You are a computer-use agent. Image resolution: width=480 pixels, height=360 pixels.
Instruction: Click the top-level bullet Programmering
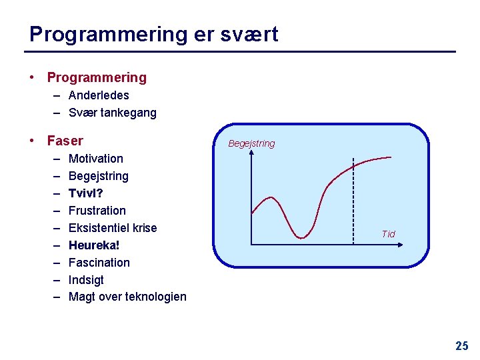pyautogui.click(x=97, y=77)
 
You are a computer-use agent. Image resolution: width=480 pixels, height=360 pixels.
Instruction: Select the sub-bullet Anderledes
pyautogui.click(x=99, y=95)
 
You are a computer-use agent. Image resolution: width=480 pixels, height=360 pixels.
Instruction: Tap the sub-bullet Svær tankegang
pyautogui.click(x=112, y=113)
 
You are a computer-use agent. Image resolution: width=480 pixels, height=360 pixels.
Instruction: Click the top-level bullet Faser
pyautogui.click(x=65, y=141)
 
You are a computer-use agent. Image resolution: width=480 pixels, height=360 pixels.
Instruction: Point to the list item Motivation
pyautogui.click(x=96, y=159)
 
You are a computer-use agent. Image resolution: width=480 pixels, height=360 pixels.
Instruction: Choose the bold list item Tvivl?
pyautogui.click(x=86, y=193)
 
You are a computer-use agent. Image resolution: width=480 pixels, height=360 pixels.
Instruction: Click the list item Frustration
pyautogui.click(x=97, y=211)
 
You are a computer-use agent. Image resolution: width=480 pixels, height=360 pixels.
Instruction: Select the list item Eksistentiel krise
pyautogui.click(x=113, y=228)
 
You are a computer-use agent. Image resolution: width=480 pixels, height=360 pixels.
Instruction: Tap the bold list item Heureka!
pyautogui.click(x=94, y=245)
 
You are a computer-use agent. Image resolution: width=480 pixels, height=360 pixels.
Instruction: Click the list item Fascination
pyautogui.click(x=99, y=263)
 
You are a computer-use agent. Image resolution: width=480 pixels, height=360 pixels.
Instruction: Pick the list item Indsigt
pyautogui.click(x=86, y=280)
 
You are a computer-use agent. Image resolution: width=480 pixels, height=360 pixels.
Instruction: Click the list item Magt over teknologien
pyautogui.click(x=127, y=297)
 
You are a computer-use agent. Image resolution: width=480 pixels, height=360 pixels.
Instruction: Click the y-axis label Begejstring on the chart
pyautogui.click(x=251, y=143)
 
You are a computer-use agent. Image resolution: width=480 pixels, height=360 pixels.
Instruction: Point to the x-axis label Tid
pyautogui.click(x=388, y=234)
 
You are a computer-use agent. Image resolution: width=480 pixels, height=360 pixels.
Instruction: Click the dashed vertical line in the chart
pyautogui.click(x=353, y=200)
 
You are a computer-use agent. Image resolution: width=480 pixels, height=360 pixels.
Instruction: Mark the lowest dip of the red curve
pyautogui.click(x=302, y=237)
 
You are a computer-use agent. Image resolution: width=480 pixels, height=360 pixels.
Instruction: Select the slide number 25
pyautogui.click(x=461, y=346)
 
